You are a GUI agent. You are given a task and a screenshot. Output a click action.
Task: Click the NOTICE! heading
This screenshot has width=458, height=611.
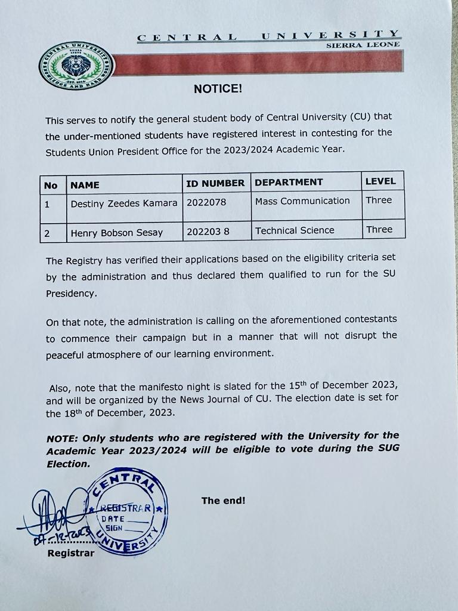tap(218, 90)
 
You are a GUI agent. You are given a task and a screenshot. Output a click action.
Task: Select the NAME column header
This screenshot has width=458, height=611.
tap(85, 185)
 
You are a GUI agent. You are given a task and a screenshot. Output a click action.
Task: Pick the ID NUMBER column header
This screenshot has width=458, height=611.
tap(215, 183)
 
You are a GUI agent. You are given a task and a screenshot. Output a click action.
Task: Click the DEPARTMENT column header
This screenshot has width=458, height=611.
tap(289, 182)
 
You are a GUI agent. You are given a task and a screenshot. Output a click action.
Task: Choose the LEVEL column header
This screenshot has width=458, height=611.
tap(380, 181)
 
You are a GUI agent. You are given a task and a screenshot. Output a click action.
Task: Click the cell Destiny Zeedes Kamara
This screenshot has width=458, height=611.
tap(124, 203)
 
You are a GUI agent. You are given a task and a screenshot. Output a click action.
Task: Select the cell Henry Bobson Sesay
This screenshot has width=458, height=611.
tap(116, 233)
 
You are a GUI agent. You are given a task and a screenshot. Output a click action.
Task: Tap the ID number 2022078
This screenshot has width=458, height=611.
tap(206, 202)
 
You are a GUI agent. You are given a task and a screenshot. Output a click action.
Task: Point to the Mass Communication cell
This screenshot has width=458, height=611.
tap(302, 200)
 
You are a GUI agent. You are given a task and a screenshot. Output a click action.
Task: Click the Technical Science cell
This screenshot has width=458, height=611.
tap(295, 230)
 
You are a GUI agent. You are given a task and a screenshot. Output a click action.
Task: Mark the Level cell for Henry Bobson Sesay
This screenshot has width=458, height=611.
tap(379, 229)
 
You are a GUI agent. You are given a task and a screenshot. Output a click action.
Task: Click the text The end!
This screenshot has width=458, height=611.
tap(223, 501)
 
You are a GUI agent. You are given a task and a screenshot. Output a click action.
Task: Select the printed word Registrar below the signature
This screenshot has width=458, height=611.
tap(70, 553)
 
